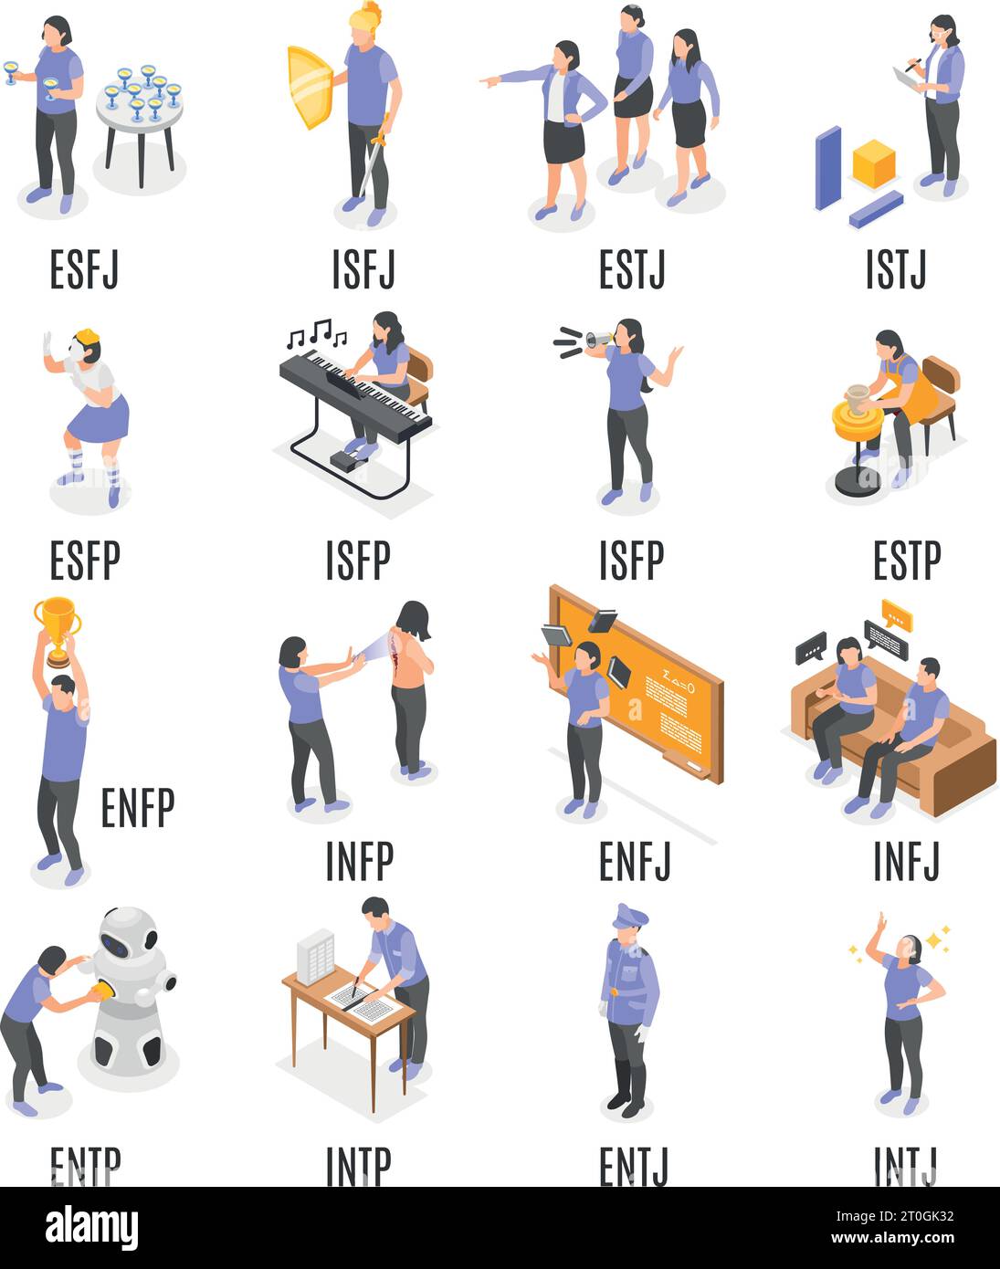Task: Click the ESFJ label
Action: [x=84, y=269]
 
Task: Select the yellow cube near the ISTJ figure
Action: [x=873, y=163]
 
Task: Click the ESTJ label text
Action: [x=632, y=269]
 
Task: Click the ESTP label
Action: [x=906, y=560]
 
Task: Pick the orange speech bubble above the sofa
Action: [x=897, y=615]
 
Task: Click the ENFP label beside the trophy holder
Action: [x=137, y=807]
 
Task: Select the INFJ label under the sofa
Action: [x=906, y=860]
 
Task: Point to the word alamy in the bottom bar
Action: [x=91, y=1227]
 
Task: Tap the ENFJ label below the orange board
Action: [x=635, y=860]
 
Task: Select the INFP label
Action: [x=359, y=860]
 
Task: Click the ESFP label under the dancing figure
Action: [x=84, y=560]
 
